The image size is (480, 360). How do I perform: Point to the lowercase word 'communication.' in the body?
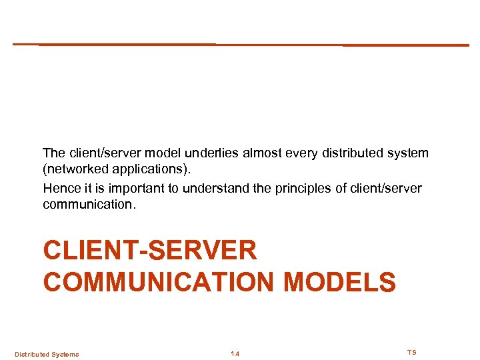point(89,205)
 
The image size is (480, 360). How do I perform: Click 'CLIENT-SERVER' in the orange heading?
point(150,251)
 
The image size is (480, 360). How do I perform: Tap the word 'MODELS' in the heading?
point(339,281)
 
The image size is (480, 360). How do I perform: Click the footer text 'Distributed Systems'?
point(47,354)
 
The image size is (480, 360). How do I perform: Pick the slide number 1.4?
point(235,354)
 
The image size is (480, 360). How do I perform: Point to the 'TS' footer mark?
point(411,352)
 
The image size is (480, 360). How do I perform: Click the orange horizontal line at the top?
point(240,45)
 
